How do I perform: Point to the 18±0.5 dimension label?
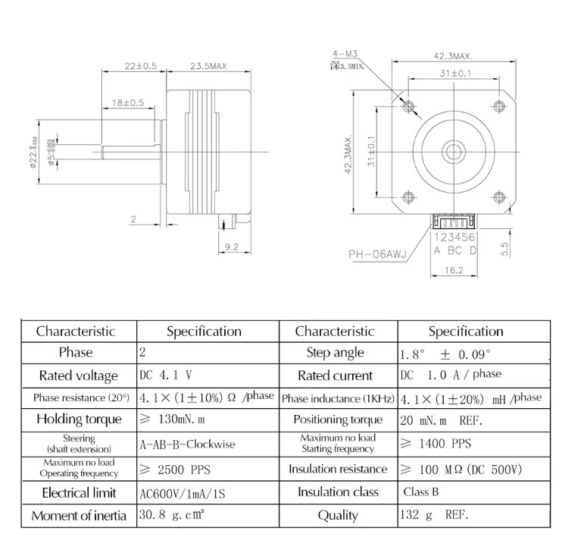[128, 102]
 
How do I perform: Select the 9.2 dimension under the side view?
[232, 246]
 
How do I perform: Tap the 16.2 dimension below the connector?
[454, 269]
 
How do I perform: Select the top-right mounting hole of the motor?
[498, 104]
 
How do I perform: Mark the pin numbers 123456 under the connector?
[454, 237]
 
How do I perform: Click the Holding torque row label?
[79, 419]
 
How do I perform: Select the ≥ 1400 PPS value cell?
[435, 444]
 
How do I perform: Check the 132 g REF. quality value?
[434, 515]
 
